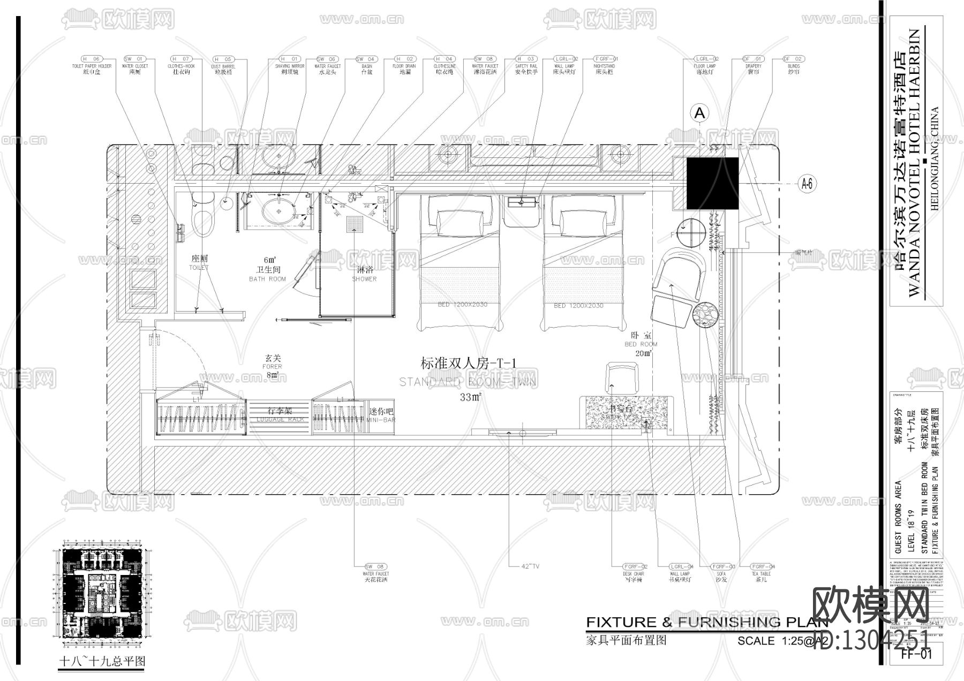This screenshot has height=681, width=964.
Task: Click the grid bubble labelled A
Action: [x=699, y=113]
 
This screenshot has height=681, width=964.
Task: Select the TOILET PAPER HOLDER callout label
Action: [x=92, y=66]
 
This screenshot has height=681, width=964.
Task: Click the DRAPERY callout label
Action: [x=753, y=66]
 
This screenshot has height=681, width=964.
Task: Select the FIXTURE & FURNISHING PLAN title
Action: [x=707, y=622]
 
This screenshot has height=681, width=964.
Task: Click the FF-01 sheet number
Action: [x=916, y=654]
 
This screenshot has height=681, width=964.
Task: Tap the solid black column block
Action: [x=712, y=183]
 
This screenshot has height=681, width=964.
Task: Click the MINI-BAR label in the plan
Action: [x=381, y=420]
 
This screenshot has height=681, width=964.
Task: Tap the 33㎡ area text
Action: [x=470, y=397]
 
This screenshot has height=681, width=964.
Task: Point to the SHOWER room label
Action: [x=364, y=279]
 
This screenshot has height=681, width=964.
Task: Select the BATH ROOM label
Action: [x=267, y=279]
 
